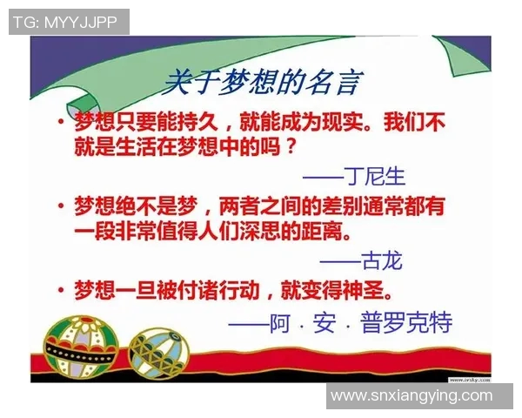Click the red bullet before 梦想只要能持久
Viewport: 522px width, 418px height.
(61, 121)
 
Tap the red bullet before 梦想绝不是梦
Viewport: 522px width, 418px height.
(61, 206)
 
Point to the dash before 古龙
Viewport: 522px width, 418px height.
(339, 261)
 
